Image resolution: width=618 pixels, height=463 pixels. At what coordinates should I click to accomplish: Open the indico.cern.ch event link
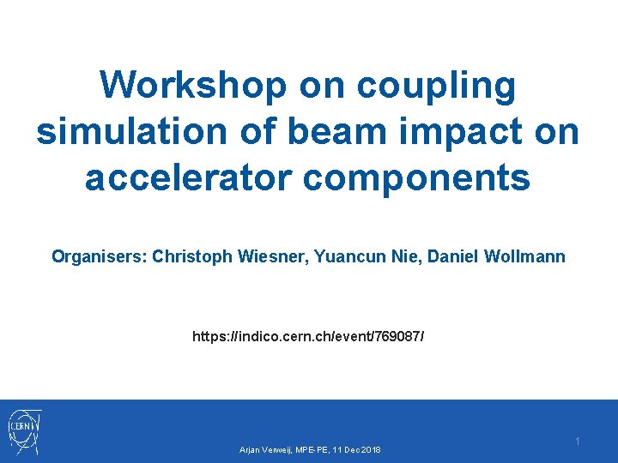[x=308, y=337]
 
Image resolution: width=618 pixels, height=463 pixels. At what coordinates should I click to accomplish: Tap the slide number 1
[x=578, y=441]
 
